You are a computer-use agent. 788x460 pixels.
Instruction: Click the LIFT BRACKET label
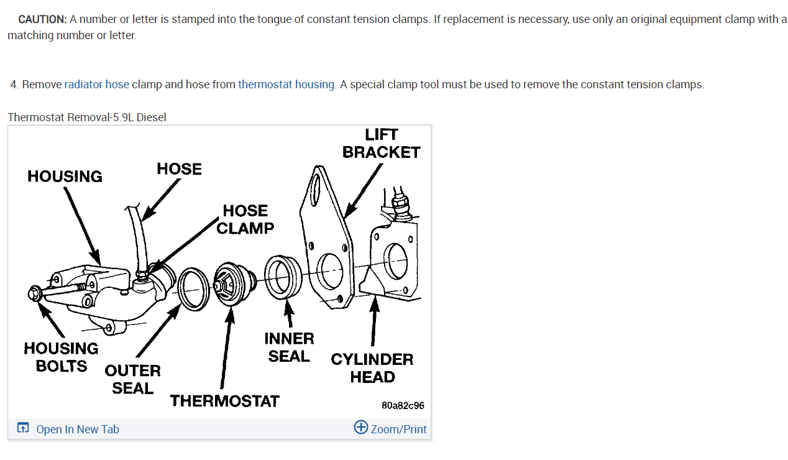tap(381, 144)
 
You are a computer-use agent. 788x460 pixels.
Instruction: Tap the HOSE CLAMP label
tap(245, 219)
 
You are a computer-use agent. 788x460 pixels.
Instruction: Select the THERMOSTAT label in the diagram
tap(224, 401)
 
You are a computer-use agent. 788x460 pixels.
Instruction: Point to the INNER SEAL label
tap(289, 347)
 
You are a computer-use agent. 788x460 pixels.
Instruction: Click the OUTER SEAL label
tap(132, 379)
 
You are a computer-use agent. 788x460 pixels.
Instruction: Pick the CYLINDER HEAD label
tap(372, 368)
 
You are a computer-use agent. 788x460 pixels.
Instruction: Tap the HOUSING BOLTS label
tap(61, 357)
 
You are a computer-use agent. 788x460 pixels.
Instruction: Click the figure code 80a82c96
tap(403, 405)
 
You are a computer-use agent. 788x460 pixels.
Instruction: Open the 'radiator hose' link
tap(97, 85)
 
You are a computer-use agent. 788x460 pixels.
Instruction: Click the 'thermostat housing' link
tap(286, 85)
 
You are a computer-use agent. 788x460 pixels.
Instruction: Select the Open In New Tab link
tap(77, 429)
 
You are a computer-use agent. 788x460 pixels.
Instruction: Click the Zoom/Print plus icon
tap(360, 428)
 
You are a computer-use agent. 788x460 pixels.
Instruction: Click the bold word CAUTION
tap(42, 19)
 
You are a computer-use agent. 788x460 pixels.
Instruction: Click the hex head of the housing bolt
tap(35, 292)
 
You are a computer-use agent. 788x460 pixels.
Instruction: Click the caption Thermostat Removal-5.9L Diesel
tap(87, 117)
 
